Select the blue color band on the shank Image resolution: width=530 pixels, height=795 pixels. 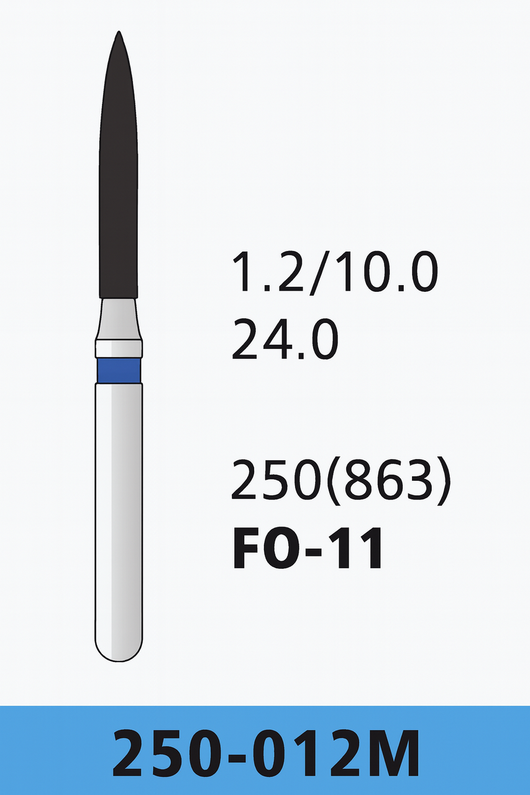[x=119, y=370]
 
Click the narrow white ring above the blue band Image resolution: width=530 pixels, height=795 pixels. [x=119, y=348]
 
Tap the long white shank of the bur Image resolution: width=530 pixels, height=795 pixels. [x=119, y=516]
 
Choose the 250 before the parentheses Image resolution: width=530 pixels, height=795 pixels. [x=280, y=482]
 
